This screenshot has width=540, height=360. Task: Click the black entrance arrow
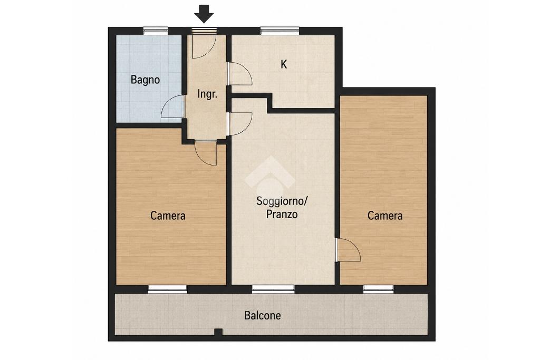tap(204, 14)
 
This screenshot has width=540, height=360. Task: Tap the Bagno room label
tap(146, 80)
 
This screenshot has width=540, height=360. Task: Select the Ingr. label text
tap(207, 94)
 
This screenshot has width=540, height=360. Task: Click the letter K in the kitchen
tap(284, 64)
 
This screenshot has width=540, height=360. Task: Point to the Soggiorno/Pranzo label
tap(282, 208)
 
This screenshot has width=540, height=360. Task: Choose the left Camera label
tap(168, 216)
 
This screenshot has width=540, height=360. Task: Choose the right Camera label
tap(385, 216)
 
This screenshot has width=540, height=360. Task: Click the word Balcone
tap(263, 315)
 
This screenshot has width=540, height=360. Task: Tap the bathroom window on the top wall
tap(156, 31)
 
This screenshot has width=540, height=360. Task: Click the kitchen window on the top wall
tap(279, 31)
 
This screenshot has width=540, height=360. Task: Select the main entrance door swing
tap(204, 45)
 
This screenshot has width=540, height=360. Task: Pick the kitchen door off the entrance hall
tap(240, 74)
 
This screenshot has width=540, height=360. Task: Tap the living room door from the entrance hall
tap(240, 123)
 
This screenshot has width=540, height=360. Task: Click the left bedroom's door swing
tap(206, 153)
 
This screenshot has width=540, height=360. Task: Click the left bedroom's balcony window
tap(167, 289)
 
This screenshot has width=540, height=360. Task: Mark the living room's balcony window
tap(274, 289)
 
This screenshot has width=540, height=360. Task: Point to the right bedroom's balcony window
tap(379, 289)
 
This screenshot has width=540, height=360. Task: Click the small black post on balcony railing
tap(218, 332)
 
